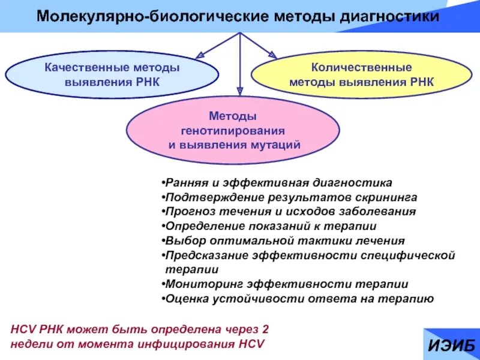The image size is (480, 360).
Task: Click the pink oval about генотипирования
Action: pos(233,130)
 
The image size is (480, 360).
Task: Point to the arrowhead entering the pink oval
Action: pos(240,91)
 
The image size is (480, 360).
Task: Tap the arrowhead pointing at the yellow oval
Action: pos(272,55)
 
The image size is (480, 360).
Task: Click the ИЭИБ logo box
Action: pos(451,344)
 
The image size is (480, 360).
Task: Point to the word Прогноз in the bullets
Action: pos(187,211)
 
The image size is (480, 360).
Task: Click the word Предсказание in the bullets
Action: pos(202,256)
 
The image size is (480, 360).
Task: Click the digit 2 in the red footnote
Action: pos(266,329)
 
